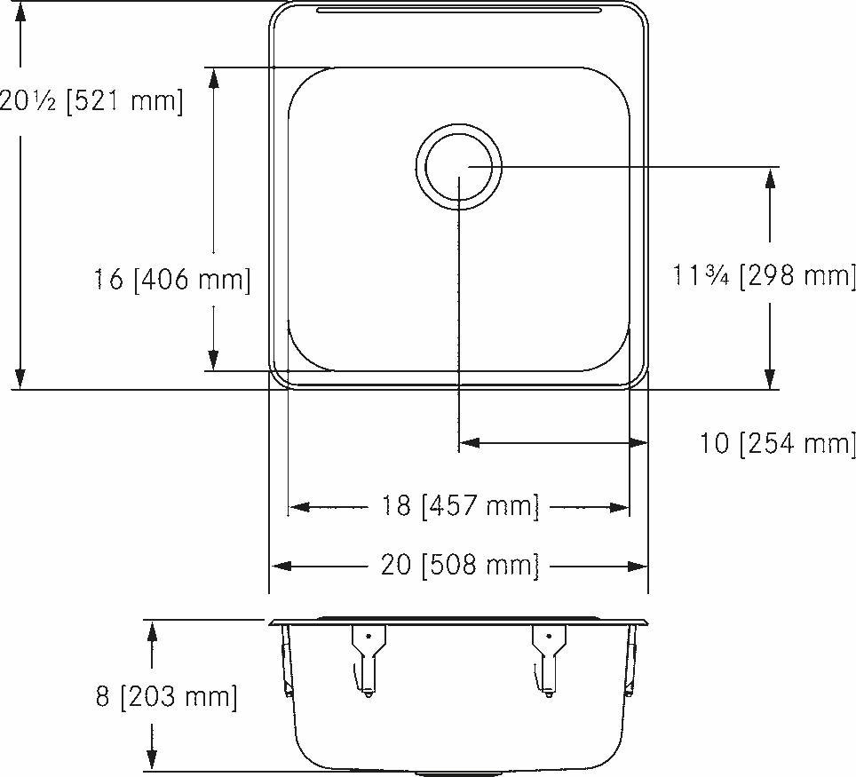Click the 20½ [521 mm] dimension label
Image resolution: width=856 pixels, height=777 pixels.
tap(91, 101)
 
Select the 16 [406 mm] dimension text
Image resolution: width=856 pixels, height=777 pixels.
tap(172, 281)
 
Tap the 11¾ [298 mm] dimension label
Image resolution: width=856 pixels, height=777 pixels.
tap(765, 276)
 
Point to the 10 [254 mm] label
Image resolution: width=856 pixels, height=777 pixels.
tap(778, 442)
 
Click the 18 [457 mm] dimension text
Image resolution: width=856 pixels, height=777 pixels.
tap(460, 507)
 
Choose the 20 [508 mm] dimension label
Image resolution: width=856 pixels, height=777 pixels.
tap(460, 566)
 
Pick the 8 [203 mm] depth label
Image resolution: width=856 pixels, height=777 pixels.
tap(167, 696)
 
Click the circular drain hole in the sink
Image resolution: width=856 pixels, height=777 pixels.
tap(458, 166)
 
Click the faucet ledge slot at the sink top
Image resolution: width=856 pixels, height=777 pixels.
tap(458, 11)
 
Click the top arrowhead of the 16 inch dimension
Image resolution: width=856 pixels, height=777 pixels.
tap(214, 77)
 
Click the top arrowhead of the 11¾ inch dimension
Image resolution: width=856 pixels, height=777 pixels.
tap(770, 177)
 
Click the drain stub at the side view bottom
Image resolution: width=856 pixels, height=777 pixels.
tap(432, 773)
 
